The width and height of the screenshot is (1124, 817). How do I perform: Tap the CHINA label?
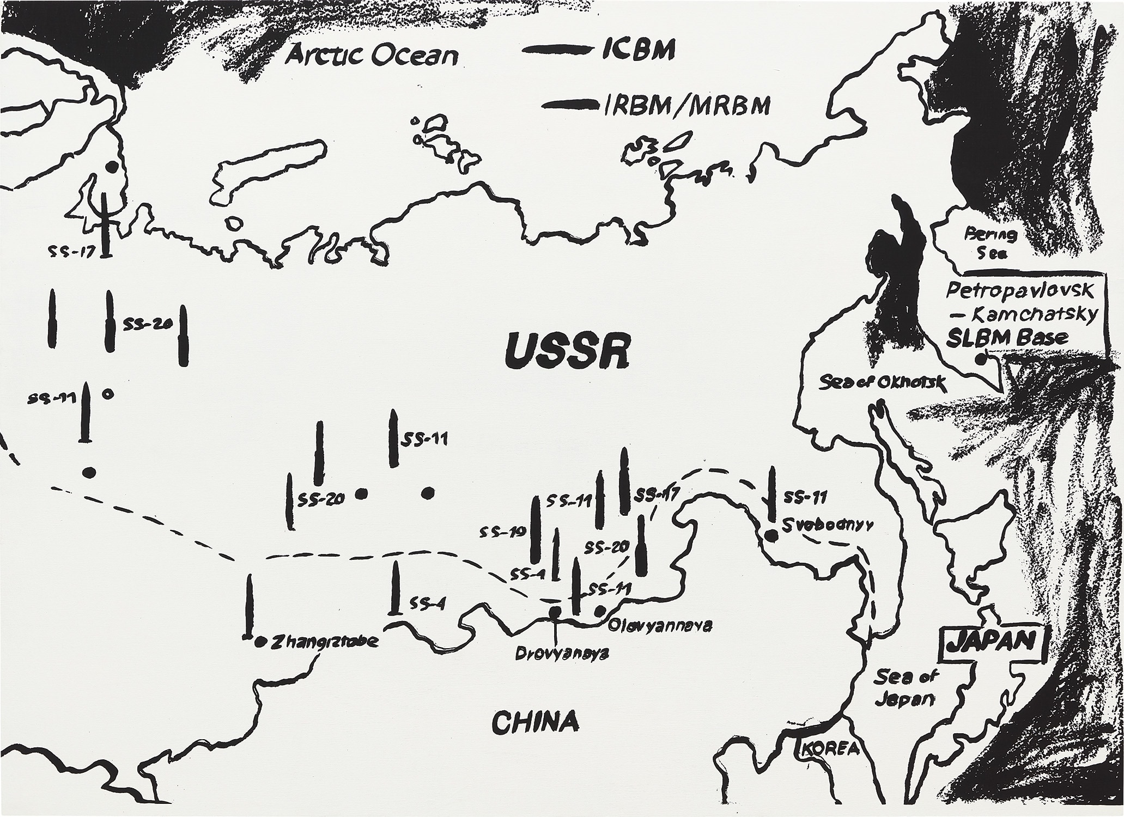(534, 722)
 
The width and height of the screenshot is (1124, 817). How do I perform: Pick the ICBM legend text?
(638, 50)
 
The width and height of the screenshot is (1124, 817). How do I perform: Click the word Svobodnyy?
(828, 526)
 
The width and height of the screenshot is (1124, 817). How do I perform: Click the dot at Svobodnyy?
(771, 535)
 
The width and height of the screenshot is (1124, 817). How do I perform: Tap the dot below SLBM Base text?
(981, 359)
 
